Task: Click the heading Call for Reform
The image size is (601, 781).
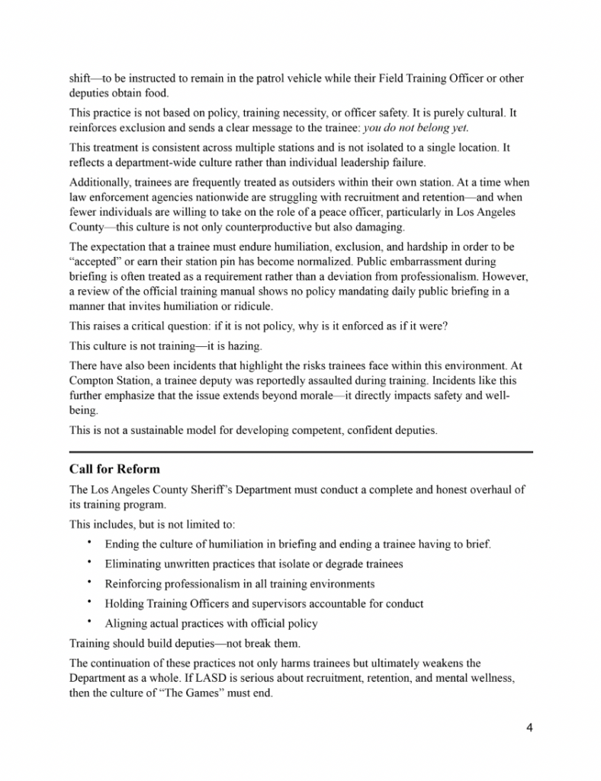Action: coord(114,468)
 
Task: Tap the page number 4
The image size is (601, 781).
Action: coord(529,727)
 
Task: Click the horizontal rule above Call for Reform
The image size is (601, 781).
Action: coord(300,452)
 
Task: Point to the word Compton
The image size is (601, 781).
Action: coord(93,380)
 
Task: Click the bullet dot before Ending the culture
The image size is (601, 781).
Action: coord(88,543)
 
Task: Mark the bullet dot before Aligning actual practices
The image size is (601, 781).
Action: coord(88,622)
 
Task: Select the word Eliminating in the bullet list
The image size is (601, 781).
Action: coord(133,564)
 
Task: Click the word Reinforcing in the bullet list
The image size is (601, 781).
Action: coord(133,583)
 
